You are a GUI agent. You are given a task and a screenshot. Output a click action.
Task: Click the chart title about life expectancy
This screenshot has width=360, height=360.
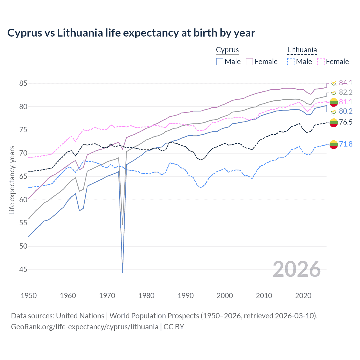pos(131,33)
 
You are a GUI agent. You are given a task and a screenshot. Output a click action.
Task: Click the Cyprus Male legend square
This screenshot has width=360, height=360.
pos(220,62)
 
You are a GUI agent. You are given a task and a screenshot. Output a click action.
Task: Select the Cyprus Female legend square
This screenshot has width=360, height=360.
pos(249,62)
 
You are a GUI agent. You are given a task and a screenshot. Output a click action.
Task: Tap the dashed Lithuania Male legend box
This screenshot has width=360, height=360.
pos(291,62)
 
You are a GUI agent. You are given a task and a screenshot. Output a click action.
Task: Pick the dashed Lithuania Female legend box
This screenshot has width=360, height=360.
pos(321,62)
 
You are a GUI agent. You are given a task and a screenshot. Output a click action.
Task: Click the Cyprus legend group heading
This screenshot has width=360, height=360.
pos(227,50)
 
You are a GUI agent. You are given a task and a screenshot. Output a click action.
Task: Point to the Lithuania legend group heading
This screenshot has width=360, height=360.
pos(302,50)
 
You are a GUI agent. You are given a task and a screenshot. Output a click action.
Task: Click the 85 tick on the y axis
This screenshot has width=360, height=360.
pos(23,83)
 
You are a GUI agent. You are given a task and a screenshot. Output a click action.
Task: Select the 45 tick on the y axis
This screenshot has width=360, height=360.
pos(23,269)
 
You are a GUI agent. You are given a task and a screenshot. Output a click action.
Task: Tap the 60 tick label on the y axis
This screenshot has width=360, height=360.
pos(23,200)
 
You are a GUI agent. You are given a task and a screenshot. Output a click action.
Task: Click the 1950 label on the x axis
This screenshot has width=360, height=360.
pos(29,296)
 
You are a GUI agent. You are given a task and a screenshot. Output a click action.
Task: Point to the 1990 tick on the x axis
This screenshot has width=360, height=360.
pos(186,296)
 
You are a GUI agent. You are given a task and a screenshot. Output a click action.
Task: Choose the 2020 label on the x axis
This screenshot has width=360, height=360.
pos(303,296)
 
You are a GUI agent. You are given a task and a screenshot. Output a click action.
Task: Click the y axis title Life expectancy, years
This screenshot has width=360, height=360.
pos(12,180)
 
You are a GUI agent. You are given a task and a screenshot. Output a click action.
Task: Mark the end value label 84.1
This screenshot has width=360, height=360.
pos(346,83)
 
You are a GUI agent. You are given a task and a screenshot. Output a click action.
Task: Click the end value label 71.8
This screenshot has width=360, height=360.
pos(346,144)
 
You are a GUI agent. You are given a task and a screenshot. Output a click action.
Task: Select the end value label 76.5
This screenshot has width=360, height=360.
pos(346,122)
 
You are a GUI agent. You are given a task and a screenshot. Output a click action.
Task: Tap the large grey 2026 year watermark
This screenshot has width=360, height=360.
pos(296,269)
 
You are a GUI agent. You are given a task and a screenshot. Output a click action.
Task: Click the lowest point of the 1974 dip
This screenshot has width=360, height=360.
pos(123,273)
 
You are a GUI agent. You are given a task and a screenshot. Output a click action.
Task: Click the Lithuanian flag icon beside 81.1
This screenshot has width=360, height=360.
pos(334,102)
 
